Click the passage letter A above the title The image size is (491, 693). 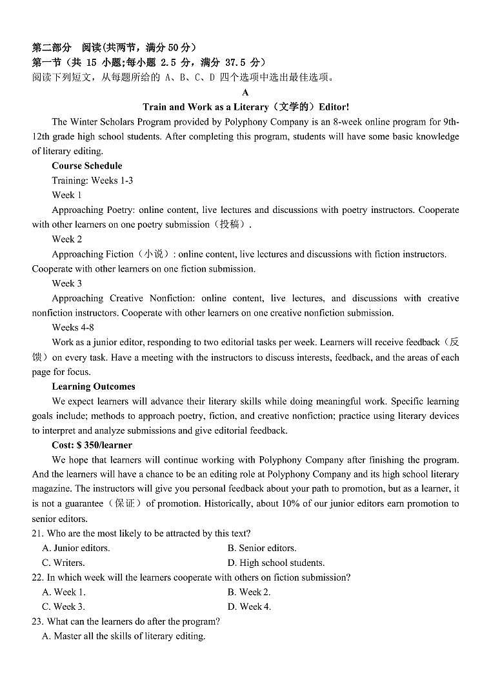click(245, 92)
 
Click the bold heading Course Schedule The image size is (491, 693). click(86, 166)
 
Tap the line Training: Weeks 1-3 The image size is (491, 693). click(92, 181)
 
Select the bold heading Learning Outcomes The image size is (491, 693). click(94, 387)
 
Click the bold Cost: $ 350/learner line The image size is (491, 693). click(92, 445)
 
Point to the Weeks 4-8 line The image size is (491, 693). click(73, 328)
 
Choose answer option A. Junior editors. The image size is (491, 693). click(75, 548)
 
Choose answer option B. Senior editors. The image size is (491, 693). click(261, 548)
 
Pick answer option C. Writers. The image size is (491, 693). click(63, 563)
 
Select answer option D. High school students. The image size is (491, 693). click(276, 563)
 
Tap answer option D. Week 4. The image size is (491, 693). click(249, 607)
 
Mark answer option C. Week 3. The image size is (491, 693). click(63, 607)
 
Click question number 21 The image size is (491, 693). click(37, 533)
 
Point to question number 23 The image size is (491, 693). click(37, 621)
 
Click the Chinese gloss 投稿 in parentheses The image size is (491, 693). click(229, 225)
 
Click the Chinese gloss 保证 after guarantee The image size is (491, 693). click(125, 504)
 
